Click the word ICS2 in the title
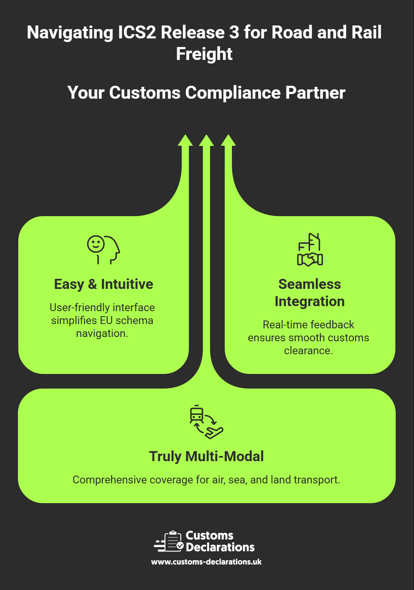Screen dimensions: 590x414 click(x=137, y=33)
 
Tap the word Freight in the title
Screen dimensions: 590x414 click(x=204, y=54)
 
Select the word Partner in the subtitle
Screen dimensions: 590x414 click(x=315, y=93)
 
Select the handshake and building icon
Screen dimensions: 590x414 click(x=310, y=249)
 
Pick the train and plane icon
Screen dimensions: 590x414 click(x=206, y=422)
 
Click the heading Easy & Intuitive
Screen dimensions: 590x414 click(x=104, y=284)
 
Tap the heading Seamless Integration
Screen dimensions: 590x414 click(x=310, y=292)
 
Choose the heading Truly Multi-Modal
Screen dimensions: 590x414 click(x=206, y=456)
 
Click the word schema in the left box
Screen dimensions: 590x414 click(x=137, y=320)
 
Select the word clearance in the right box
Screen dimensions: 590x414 click(x=308, y=350)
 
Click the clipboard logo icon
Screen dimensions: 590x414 click(x=170, y=541)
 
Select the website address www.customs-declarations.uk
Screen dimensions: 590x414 click(x=206, y=562)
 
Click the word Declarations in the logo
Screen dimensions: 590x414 click(x=220, y=547)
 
